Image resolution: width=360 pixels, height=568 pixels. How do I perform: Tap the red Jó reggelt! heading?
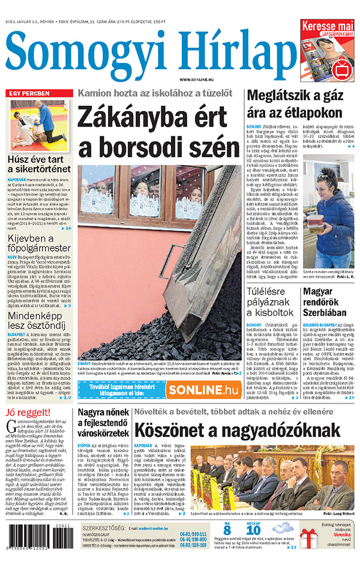pos(28,412)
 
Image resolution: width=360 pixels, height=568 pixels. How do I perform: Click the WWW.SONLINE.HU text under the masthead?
pos(199,79)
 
